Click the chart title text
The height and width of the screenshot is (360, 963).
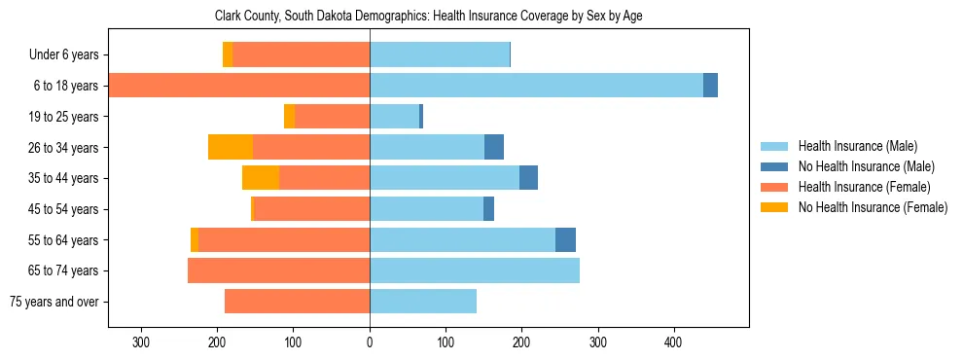click(428, 17)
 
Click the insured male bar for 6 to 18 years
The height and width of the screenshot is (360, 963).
click(536, 86)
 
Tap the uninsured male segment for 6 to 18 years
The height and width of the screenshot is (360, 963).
click(710, 86)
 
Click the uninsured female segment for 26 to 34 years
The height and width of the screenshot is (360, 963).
click(231, 147)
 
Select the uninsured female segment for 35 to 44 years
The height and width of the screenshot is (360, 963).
click(261, 178)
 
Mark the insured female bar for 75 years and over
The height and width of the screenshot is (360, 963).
click(297, 302)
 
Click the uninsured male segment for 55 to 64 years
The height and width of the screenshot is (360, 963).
click(565, 239)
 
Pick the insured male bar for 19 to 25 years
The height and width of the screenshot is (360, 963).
click(394, 117)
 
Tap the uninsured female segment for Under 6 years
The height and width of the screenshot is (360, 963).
click(228, 54)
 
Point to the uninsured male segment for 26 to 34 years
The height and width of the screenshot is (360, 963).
click(494, 147)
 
